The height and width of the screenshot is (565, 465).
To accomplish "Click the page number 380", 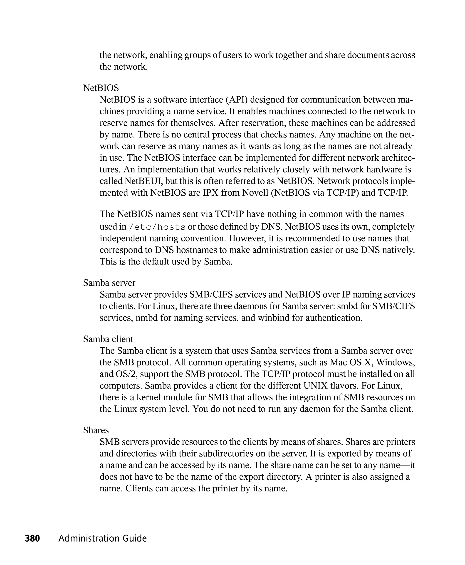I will [x=32, y=538].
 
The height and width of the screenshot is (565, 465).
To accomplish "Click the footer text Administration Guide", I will [x=103, y=538].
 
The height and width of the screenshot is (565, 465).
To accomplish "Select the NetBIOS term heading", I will [x=101, y=88].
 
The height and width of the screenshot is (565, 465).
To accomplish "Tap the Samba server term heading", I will [x=109, y=283].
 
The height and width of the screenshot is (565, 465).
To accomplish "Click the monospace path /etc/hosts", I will [x=157, y=227].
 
